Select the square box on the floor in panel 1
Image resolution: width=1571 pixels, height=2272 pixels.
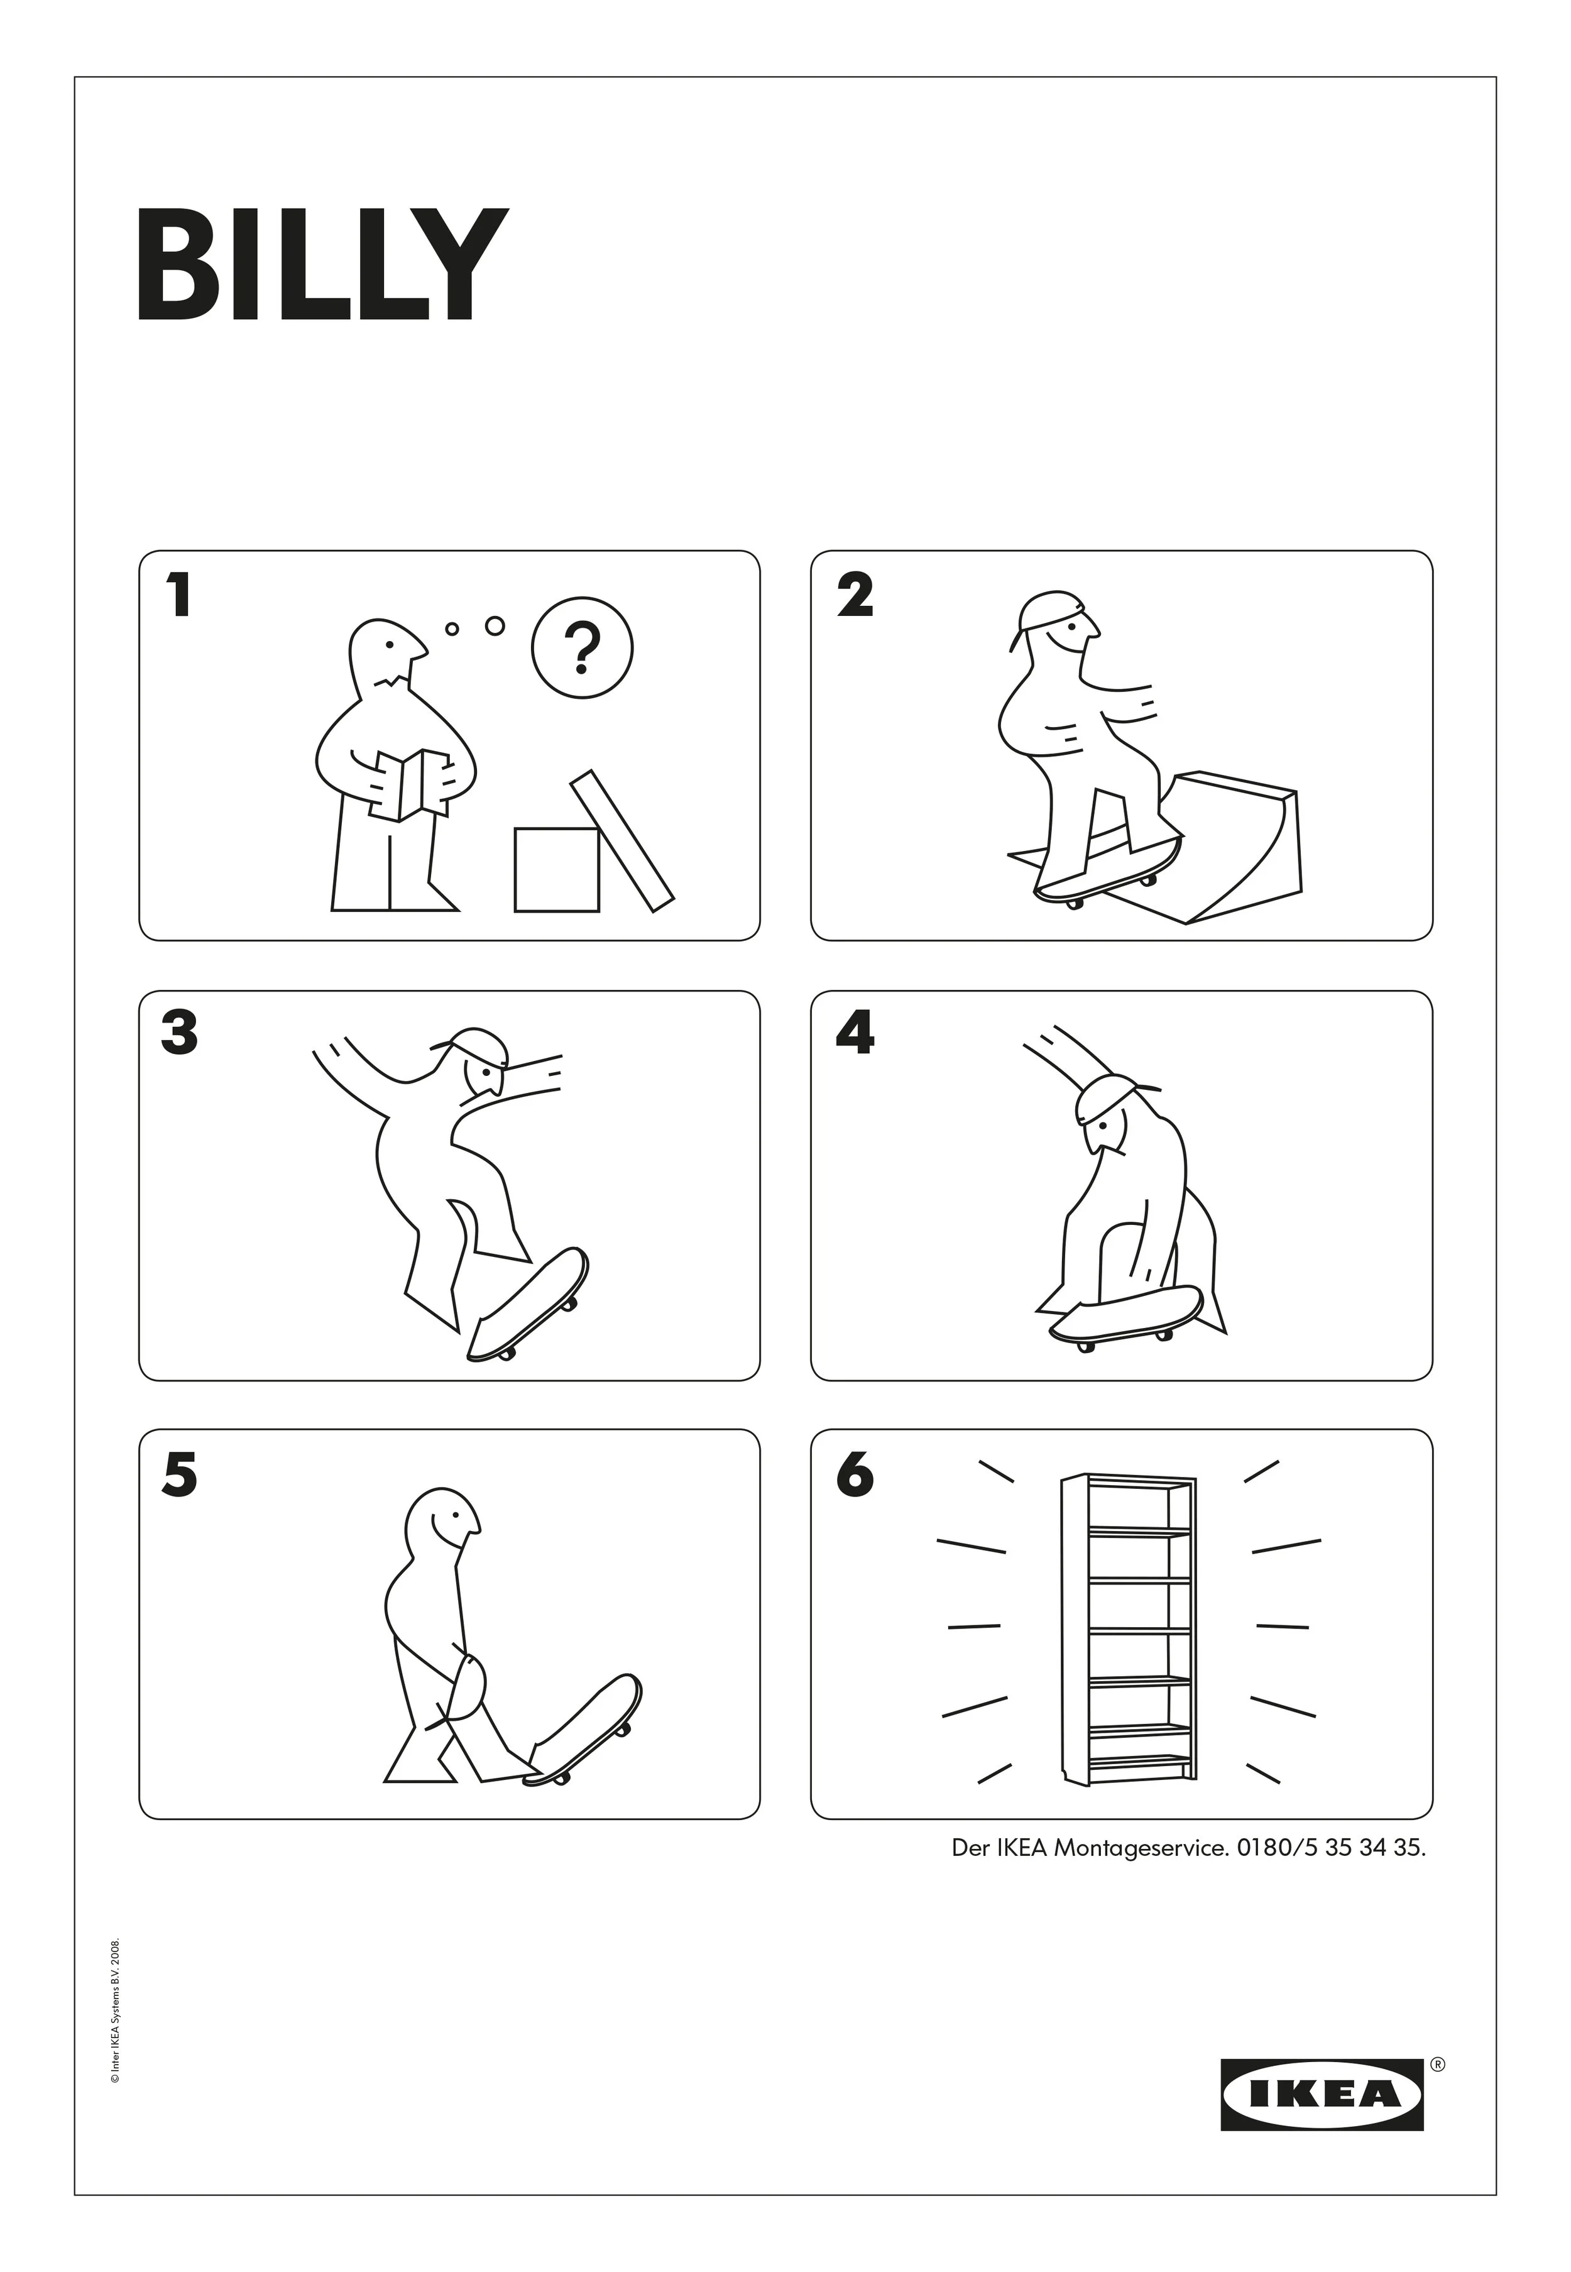[x=556, y=869]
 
